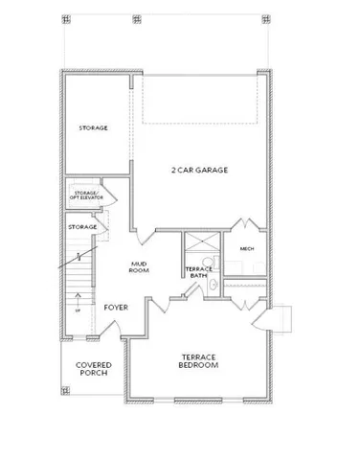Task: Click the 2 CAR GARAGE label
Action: [199, 170]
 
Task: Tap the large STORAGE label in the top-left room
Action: [93, 127]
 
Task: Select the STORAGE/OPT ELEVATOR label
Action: [86, 195]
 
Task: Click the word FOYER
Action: [117, 308]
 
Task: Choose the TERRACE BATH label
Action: [198, 272]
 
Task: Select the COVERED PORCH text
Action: [94, 369]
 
